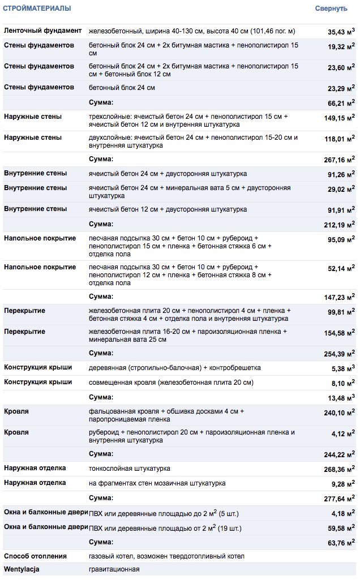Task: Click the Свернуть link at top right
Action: [331, 8]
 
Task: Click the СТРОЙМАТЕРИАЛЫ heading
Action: [37, 8]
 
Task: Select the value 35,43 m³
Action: [341, 32]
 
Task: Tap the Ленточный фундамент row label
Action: [42, 31]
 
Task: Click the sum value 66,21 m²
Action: [341, 103]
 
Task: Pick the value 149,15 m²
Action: [340, 118]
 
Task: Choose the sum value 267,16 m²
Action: [340, 160]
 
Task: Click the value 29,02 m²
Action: [341, 190]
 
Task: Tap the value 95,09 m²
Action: [341, 240]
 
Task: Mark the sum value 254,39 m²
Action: [340, 354]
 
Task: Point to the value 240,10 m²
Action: [340, 413]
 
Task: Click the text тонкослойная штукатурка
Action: [130, 469]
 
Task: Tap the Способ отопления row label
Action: [35, 556]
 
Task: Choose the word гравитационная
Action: [114, 569]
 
